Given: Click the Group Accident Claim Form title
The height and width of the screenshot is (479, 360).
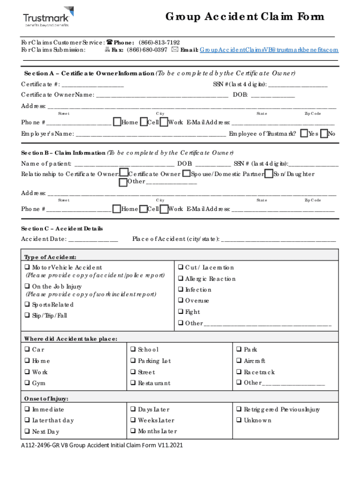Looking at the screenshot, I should coord(245,17).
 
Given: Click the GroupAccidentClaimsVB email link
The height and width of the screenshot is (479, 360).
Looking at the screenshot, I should coord(269,50).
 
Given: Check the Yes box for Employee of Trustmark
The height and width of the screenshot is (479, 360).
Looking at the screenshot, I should coord(304,134).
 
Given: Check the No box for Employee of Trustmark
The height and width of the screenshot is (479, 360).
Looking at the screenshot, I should coord(324,134).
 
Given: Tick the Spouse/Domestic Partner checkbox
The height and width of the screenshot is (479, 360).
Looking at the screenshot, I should coord(186,174).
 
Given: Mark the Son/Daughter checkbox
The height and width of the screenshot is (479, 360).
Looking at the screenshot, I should coord(269,174).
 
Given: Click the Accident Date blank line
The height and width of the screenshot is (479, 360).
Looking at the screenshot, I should coord(93,239).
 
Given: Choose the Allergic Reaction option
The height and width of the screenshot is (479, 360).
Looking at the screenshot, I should coord(181,279).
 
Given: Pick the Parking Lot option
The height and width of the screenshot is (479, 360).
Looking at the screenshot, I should coord(133,361).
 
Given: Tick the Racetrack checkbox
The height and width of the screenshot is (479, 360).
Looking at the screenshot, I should coord(239,372).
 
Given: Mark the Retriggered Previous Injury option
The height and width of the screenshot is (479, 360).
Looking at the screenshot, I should coord(239,409).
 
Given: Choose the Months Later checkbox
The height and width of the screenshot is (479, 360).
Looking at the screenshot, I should coord(133,431).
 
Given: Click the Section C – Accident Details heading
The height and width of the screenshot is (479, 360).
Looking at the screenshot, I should coord(62,229).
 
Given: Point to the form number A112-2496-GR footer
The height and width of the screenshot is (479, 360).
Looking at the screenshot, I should coord(101,445).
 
